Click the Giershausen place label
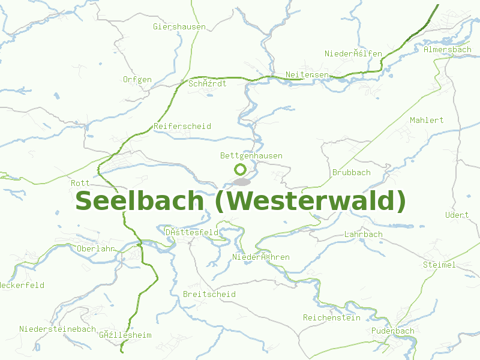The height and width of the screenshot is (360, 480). (x=179, y=26)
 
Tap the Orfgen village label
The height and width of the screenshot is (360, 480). (x=137, y=79)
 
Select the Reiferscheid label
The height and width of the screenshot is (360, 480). (x=182, y=126)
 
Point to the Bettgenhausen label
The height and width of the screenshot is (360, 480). (x=251, y=155)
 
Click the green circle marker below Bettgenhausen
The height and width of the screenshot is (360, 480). (x=240, y=169)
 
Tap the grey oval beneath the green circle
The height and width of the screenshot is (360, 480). (x=241, y=181)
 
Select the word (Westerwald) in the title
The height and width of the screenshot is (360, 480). (x=310, y=200)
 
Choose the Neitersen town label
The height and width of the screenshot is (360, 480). (x=307, y=74)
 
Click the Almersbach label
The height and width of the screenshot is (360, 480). (x=448, y=49)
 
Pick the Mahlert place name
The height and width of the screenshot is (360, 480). (x=427, y=120)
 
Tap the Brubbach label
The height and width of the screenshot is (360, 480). (x=352, y=172)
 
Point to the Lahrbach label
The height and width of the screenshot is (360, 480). (x=364, y=234)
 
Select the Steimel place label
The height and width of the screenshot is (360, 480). (x=439, y=264)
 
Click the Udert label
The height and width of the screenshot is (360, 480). (x=457, y=215)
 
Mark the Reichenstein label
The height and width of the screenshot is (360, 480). (x=332, y=317)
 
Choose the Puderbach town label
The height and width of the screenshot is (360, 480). (x=392, y=331)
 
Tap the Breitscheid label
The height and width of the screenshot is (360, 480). (x=209, y=294)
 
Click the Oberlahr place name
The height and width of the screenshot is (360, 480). (x=96, y=248)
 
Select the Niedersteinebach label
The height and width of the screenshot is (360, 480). (x=58, y=329)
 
